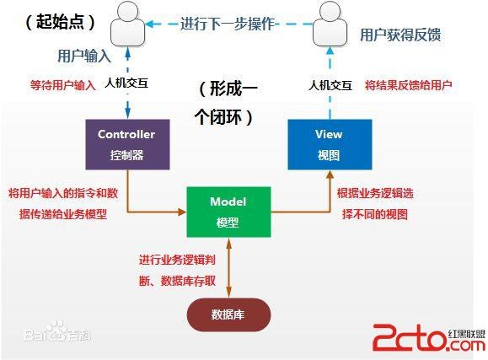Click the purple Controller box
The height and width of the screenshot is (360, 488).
pyautogui.click(x=126, y=144)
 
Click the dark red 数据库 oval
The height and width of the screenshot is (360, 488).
pyautogui.click(x=228, y=314)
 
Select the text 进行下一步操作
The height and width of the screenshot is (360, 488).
pyautogui.click(x=228, y=24)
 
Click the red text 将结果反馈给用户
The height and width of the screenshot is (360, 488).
pyautogui.click(x=408, y=85)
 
